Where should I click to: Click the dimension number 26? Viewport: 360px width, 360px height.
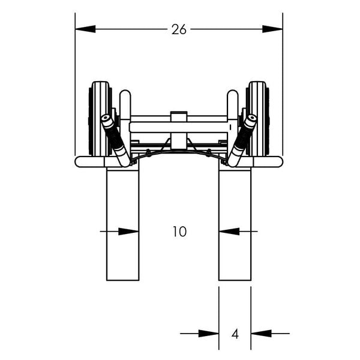click(179, 29)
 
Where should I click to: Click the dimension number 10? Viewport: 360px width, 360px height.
click(179, 232)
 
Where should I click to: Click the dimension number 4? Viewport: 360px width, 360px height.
click(235, 334)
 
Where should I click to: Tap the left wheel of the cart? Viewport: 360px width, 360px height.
click(100, 118)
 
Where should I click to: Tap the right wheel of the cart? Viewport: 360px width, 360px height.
click(257, 118)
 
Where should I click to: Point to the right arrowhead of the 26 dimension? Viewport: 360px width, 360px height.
click(272, 29)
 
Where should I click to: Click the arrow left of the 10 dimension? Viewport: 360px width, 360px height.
click(128, 231)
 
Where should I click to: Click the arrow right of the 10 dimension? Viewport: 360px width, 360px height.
click(229, 231)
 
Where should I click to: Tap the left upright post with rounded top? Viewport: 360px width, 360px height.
click(125, 105)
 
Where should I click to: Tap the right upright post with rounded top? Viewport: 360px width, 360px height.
click(232, 105)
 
